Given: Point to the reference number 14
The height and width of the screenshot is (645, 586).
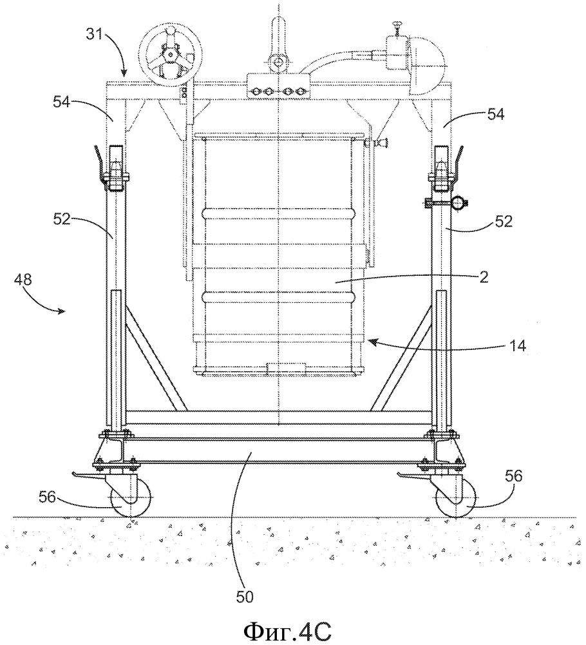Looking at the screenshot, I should pyautogui.click(x=517, y=345).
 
